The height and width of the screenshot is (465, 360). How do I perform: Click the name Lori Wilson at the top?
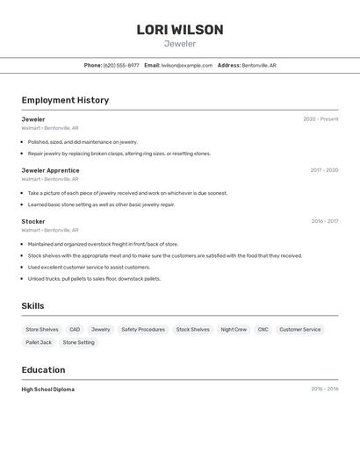coord(180,30)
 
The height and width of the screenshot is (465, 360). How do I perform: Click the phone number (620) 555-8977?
coord(121,65)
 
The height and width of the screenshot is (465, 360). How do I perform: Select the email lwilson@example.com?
coord(187,65)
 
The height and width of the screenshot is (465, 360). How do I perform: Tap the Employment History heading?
coord(65,100)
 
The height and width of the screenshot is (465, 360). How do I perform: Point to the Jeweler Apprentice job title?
coord(50,170)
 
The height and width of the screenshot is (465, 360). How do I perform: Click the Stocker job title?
coord(33,221)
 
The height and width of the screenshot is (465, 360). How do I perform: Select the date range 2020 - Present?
coord(320,119)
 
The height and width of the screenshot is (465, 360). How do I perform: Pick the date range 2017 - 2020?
coord(324,170)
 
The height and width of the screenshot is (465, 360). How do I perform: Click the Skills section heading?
coord(32,306)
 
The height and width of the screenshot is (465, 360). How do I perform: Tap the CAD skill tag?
coord(75,330)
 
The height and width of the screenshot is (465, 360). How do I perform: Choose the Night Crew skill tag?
coord(234,330)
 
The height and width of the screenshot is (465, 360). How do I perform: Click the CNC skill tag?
coord(263,330)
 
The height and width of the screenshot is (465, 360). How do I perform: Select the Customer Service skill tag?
coord(300,330)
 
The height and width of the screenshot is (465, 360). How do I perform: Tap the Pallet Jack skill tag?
coord(39,342)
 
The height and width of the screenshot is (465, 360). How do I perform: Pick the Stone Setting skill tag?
coord(79,342)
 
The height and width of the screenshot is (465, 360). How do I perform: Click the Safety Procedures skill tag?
coord(143,330)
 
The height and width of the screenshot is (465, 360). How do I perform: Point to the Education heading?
coord(43,370)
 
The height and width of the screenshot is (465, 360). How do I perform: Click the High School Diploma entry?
coord(48,389)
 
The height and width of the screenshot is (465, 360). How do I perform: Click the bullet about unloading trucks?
coord(94,278)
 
